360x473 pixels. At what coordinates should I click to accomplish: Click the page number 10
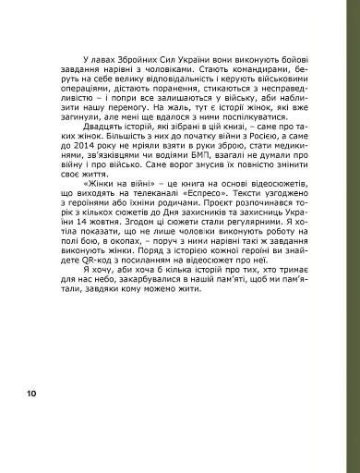(31, 394)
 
